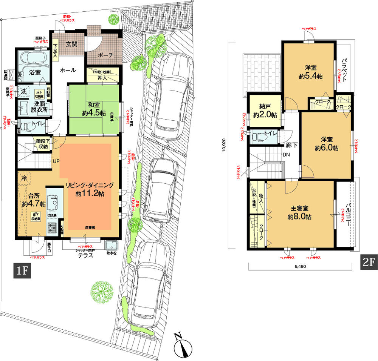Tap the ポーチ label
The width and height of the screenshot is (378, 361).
[105, 55]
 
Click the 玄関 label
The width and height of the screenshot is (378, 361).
[71, 44]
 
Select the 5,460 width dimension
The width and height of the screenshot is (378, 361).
[301, 266]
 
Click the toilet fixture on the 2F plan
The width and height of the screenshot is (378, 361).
[259, 136]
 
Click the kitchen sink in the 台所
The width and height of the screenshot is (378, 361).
[53, 204]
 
